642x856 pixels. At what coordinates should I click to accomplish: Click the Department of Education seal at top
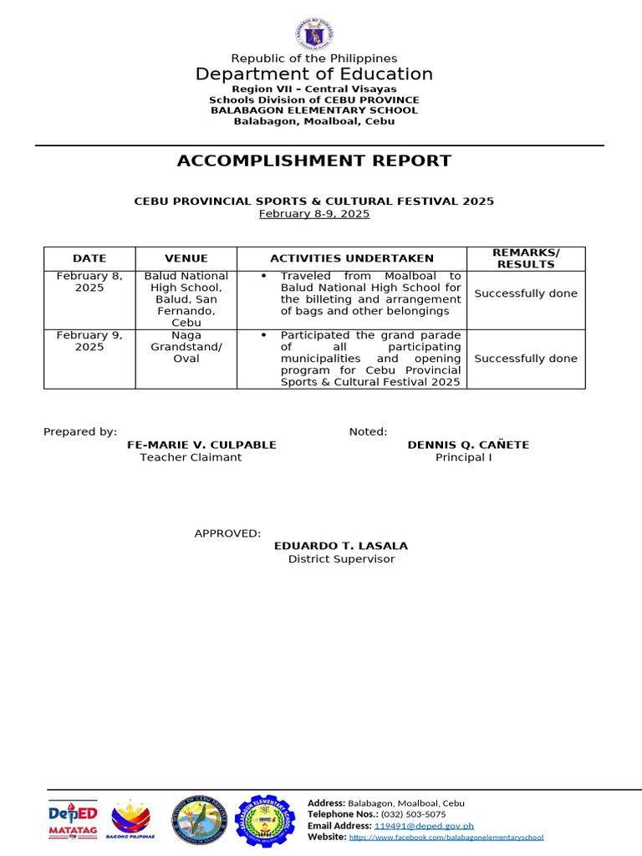tap(314, 34)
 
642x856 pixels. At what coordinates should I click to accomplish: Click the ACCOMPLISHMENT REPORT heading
tap(314, 160)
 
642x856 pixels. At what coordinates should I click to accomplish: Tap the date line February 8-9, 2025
tap(314, 214)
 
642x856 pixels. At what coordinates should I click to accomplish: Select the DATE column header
tap(89, 258)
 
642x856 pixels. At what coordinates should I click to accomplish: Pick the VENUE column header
tap(186, 258)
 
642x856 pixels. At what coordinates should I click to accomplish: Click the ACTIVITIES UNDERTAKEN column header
tap(352, 258)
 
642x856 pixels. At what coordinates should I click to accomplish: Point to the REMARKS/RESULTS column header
tap(526, 258)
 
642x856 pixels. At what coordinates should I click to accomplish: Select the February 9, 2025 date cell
tap(89, 341)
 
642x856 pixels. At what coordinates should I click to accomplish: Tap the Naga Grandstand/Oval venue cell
tap(186, 347)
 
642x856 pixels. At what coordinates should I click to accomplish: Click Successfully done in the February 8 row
tap(526, 293)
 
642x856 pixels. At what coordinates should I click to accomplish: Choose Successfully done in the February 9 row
tap(526, 359)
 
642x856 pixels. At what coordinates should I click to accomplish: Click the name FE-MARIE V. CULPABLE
tap(201, 445)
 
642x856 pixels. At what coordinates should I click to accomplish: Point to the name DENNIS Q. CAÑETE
tap(468, 445)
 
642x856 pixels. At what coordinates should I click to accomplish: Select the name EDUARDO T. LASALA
tap(341, 546)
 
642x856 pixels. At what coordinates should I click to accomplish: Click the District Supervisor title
tap(341, 559)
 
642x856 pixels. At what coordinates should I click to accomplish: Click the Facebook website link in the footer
tap(446, 837)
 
